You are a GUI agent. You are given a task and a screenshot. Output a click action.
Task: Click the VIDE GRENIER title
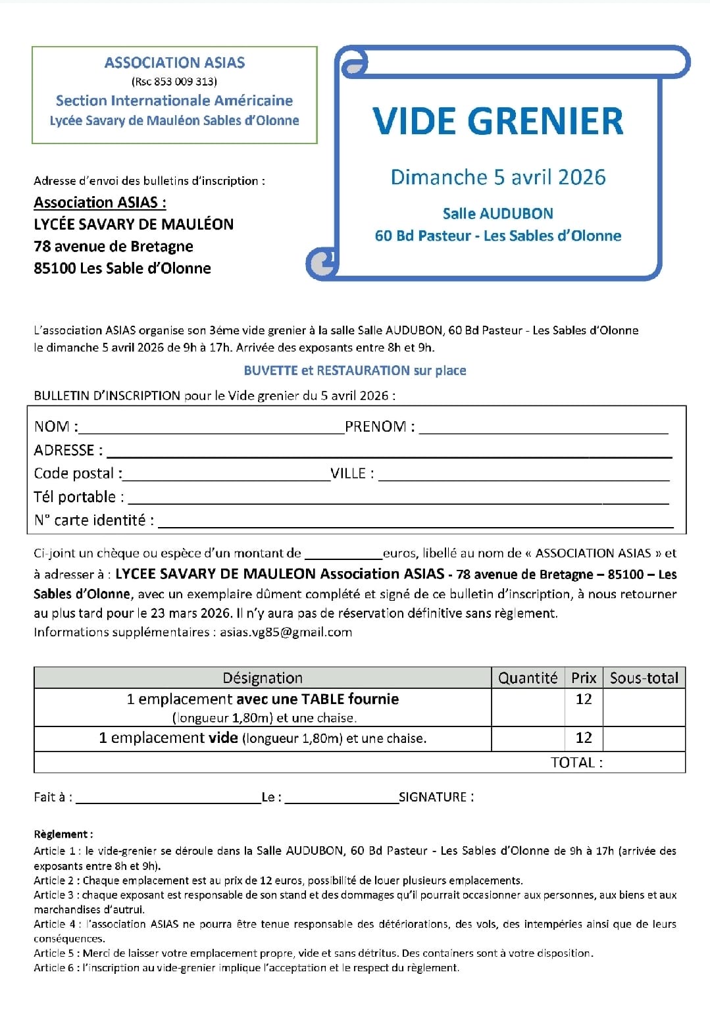(497, 121)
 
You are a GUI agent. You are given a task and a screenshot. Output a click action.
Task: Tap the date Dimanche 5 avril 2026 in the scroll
(497, 177)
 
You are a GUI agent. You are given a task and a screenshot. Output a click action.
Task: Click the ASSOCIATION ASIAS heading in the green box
(174, 63)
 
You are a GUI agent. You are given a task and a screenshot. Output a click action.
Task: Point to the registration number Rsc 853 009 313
(174, 82)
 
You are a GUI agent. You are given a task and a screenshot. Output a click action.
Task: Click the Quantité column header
(527, 678)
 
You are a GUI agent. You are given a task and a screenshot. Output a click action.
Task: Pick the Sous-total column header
(644, 678)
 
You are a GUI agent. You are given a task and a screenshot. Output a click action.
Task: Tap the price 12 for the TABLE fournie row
(584, 699)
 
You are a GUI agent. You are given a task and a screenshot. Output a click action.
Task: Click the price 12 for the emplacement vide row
(584, 738)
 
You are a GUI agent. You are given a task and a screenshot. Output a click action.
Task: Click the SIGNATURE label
(436, 797)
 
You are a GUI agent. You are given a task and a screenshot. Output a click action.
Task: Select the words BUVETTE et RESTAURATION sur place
(355, 370)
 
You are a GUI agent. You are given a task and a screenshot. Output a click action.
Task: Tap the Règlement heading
(63, 834)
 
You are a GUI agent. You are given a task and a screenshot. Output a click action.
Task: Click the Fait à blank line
(168, 800)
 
